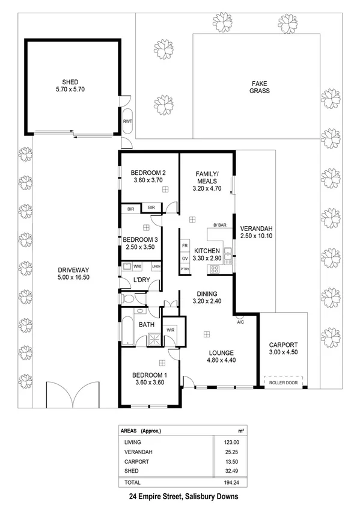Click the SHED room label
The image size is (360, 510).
70,82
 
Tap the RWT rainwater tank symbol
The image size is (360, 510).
127,121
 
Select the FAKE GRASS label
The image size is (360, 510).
260,87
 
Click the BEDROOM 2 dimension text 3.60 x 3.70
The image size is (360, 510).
148,179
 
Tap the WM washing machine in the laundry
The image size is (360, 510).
137,266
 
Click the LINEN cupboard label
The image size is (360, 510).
156,266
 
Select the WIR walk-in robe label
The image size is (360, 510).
169,330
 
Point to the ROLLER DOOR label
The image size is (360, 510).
284,381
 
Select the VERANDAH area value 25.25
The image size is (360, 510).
224,452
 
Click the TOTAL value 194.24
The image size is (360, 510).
223,482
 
